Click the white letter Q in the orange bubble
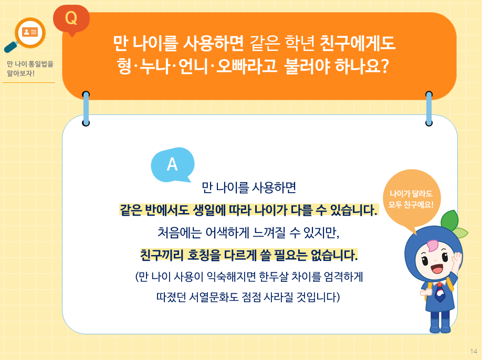tap(71, 18)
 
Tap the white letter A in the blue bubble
tap(172, 165)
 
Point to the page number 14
tap(474, 351)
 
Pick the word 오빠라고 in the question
tap(246, 68)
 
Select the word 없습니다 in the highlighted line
tap(330, 256)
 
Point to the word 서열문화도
tap(213, 298)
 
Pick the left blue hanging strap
tap(86, 109)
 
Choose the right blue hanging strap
tap(429, 109)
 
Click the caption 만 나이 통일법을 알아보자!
tap(30, 69)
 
